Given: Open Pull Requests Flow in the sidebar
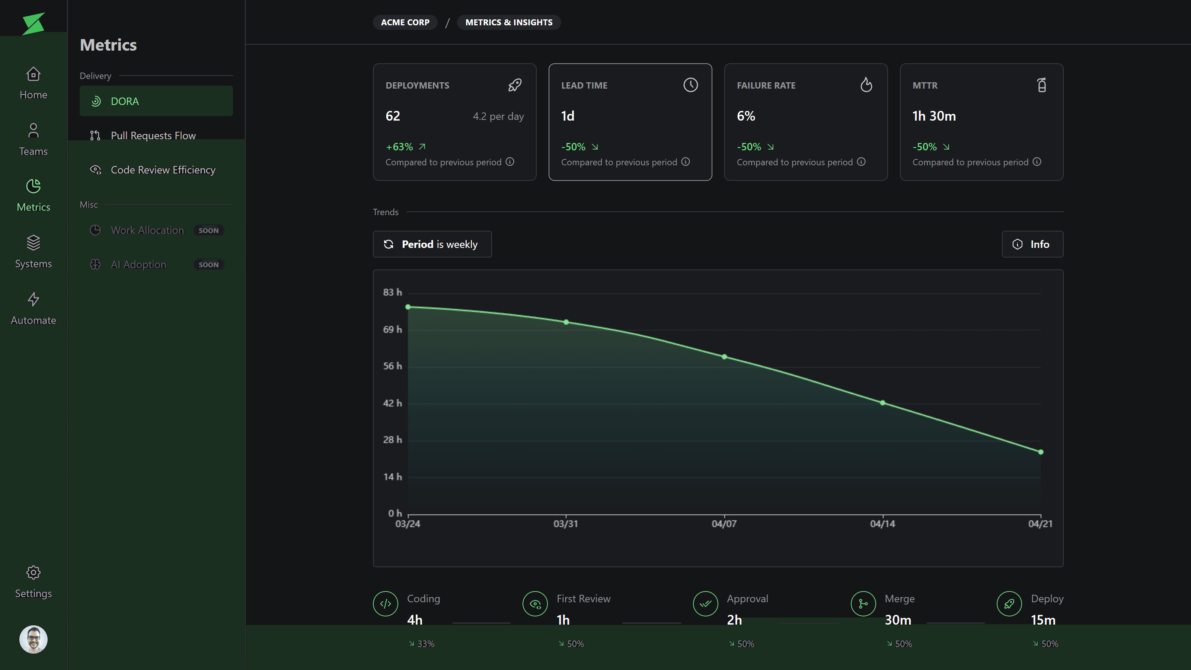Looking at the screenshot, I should point(153,135).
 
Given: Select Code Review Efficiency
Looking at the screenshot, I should point(163,170).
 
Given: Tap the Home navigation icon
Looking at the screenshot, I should point(33,74).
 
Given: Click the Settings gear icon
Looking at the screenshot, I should point(33,572).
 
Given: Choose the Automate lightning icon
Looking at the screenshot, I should point(33,299).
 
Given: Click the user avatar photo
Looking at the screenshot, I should point(33,639).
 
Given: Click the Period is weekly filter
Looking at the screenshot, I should point(432,244).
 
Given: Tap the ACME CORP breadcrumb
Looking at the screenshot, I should point(405,22).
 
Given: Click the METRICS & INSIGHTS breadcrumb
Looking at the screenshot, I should point(508,22).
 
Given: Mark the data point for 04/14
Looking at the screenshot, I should point(882,403).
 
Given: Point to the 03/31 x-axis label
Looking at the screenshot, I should point(565,524).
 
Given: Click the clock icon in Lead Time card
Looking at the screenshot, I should point(690,85).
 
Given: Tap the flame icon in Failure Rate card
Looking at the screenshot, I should point(866,85).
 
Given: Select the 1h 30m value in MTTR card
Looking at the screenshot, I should point(934,116).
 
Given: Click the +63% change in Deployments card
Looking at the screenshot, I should point(399,147).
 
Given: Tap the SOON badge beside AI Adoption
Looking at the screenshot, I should point(208,265).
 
